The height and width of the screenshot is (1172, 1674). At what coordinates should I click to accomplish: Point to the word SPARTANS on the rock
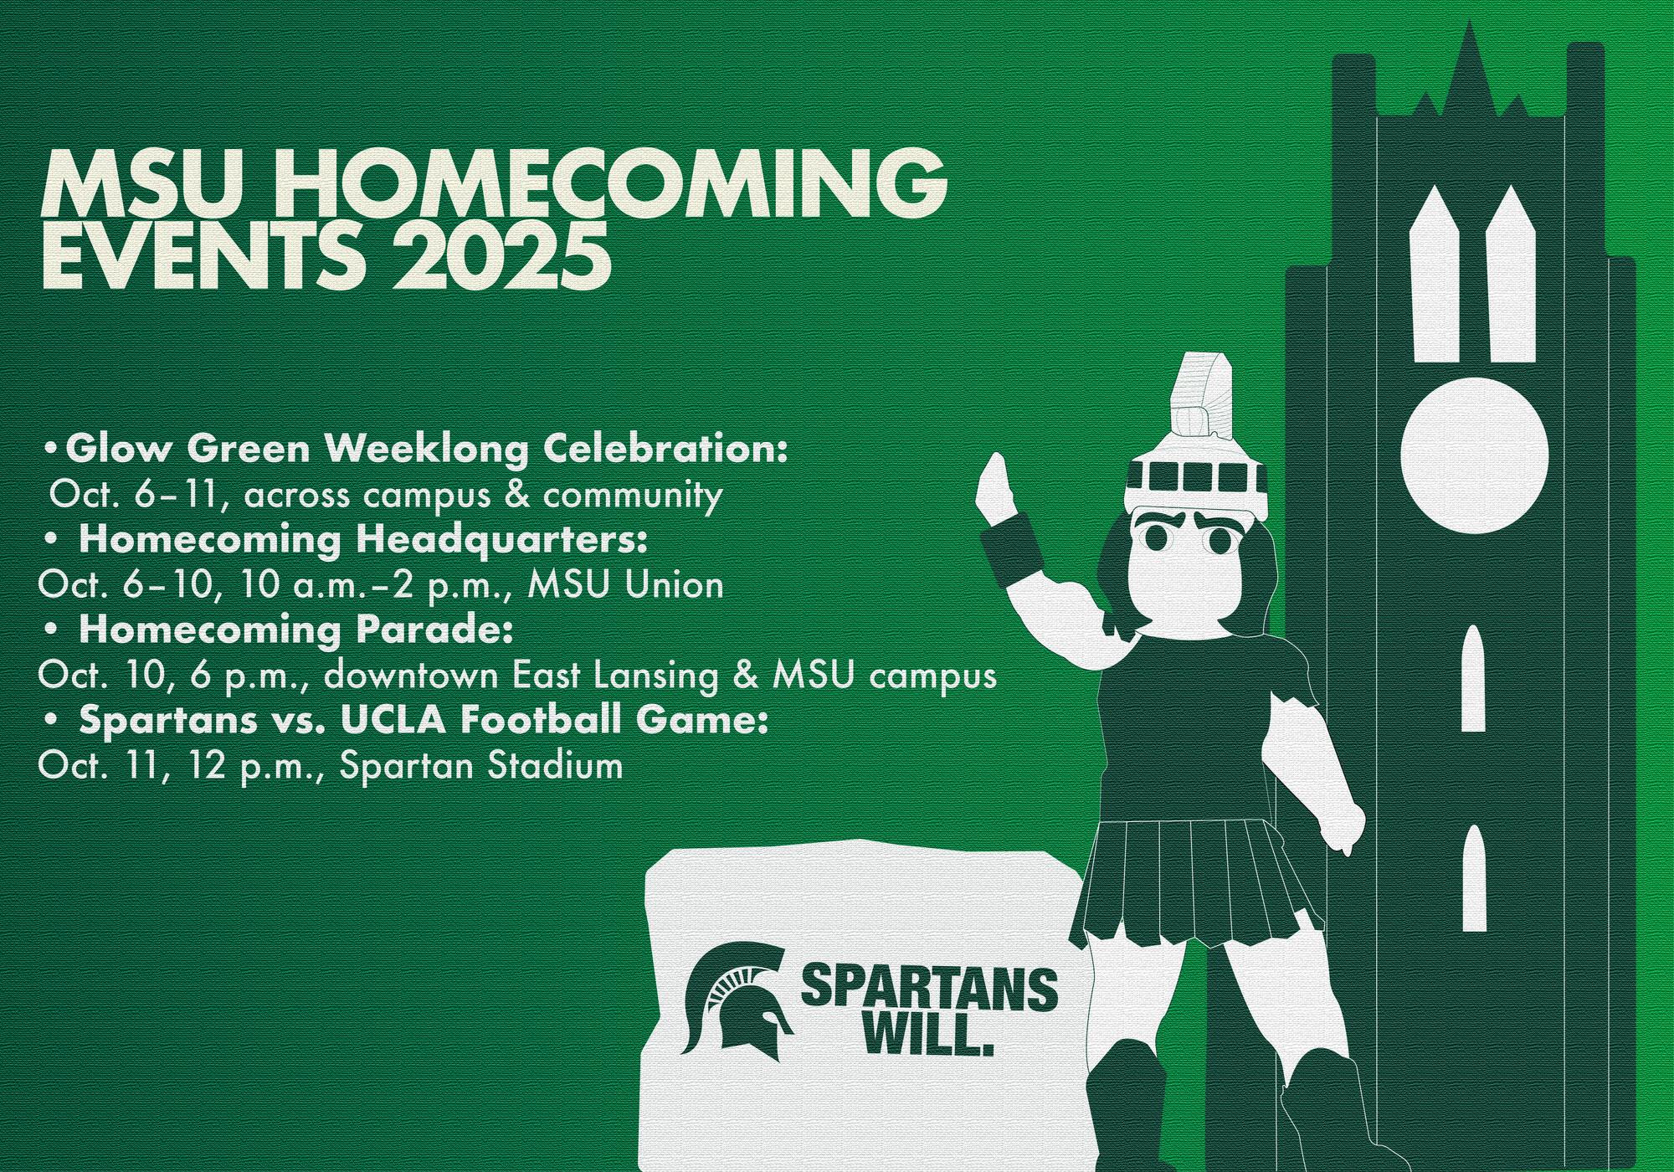coord(929,988)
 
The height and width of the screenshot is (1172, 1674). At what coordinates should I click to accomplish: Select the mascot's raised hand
coord(996,490)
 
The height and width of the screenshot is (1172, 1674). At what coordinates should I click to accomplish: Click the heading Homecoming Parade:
coord(295,630)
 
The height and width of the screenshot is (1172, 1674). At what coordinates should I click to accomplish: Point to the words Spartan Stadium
coord(481,766)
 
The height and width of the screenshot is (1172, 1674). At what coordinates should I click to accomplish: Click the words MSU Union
coord(625,585)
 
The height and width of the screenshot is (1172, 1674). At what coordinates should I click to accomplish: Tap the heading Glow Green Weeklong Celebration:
coord(427,450)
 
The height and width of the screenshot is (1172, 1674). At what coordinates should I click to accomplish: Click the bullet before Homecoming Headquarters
coord(54,542)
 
